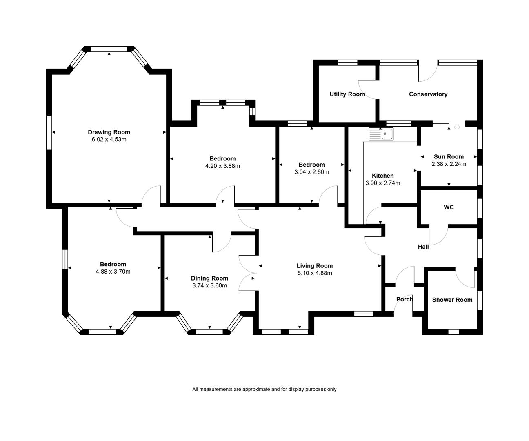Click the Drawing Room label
[x=109, y=132]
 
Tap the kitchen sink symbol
[x=381, y=134]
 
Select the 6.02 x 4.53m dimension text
[x=109, y=139]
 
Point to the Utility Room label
[x=347, y=94]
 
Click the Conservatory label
[x=428, y=94]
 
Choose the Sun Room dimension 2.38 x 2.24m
[x=449, y=164]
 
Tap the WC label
[x=449, y=207]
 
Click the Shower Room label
[x=452, y=300]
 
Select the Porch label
[x=405, y=299]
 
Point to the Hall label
[x=423, y=247]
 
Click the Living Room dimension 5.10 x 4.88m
[x=315, y=273]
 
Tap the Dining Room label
[x=209, y=278]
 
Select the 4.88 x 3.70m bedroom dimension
[x=113, y=272]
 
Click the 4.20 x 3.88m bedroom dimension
[x=222, y=166]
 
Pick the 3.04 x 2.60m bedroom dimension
[x=311, y=172]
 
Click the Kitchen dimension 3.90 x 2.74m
[x=383, y=183]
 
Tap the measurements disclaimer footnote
[x=264, y=389]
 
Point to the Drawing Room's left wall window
[x=49, y=133]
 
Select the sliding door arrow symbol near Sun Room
[x=457, y=127]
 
